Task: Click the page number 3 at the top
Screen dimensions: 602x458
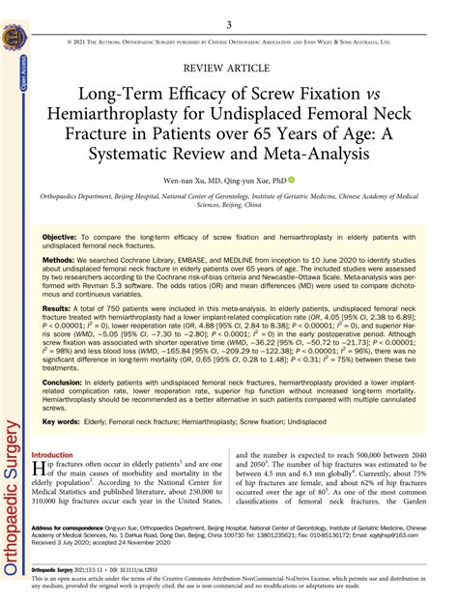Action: coord(228,24)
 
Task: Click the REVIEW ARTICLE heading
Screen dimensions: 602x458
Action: coord(229,71)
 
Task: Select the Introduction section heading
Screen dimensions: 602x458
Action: coord(59,454)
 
